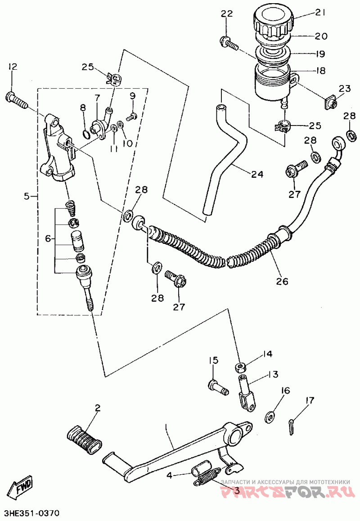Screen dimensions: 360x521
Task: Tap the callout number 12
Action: click(x=13, y=67)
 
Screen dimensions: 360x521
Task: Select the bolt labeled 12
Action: click(x=16, y=100)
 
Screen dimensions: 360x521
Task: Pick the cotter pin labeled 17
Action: click(x=291, y=426)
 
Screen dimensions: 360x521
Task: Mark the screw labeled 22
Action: click(x=229, y=43)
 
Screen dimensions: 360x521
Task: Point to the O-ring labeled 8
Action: click(x=85, y=134)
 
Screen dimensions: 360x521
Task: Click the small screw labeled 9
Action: click(x=132, y=117)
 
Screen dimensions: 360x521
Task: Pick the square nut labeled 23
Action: click(x=330, y=104)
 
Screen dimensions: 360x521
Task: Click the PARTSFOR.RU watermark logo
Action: click(x=286, y=491)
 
